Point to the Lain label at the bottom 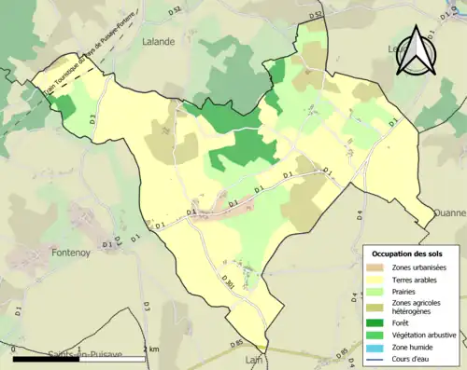coord(252,359)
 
